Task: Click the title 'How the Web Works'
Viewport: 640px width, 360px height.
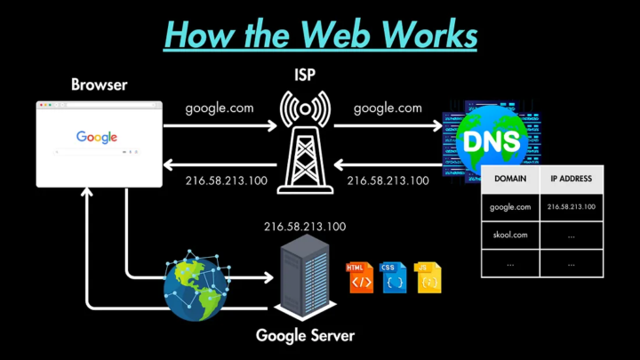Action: (321, 36)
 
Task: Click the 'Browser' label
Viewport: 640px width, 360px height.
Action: (99, 85)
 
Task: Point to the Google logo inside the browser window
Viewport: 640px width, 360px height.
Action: (97, 137)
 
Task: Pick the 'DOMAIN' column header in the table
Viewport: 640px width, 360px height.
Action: (510, 179)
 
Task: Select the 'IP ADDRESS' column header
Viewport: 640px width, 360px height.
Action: (572, 179)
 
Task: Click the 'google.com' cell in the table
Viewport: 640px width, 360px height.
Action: (510, 207)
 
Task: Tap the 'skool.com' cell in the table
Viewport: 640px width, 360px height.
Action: (510, 236)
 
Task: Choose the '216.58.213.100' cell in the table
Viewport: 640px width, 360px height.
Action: (572, 207)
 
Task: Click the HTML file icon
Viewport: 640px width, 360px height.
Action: (360, 277)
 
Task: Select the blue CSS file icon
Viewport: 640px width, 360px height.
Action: (394, 277)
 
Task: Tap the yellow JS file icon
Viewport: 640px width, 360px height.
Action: (428, 277)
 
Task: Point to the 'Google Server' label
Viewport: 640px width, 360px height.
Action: (305, 336)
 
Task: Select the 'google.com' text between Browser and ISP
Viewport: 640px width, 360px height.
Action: (219, 108)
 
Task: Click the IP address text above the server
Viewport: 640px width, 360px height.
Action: (305, 227)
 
